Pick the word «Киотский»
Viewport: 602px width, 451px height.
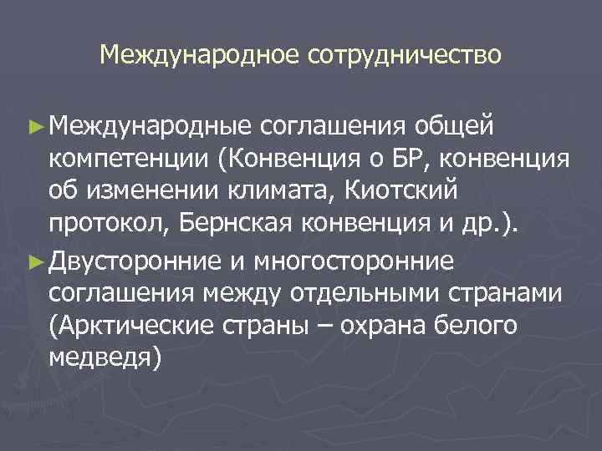tap(404, 194)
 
